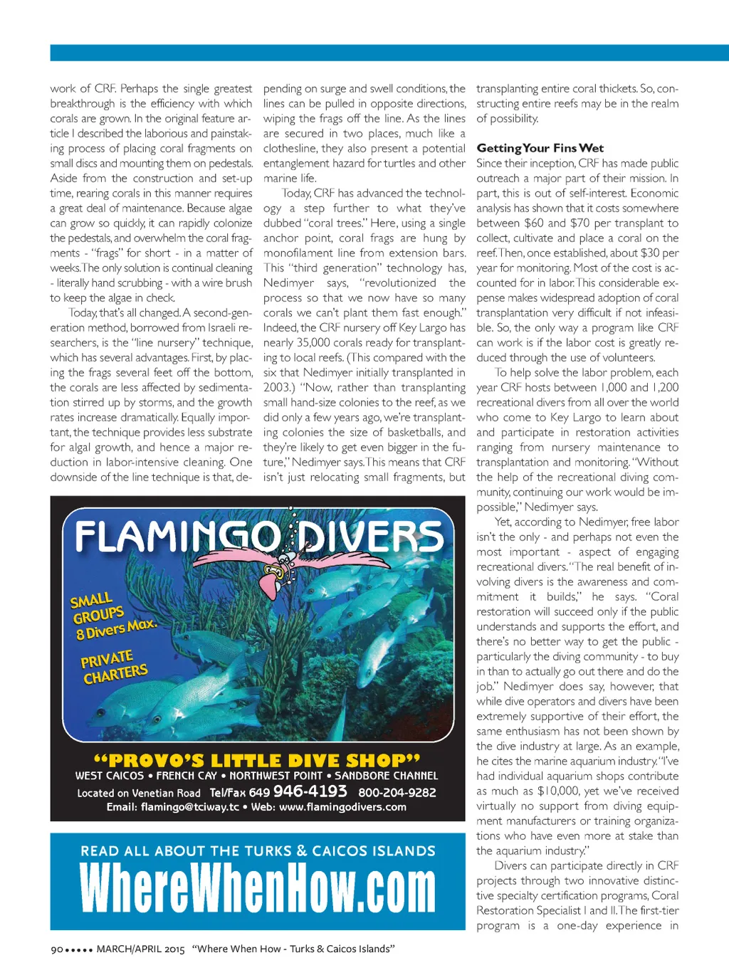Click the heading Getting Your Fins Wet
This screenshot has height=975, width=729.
(x=540, y=148)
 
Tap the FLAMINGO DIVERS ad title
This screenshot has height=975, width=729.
(x=259, y=537)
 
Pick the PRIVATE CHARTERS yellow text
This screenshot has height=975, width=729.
(x=114, y=667)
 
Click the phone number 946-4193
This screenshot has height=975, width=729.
(x=310, y=791)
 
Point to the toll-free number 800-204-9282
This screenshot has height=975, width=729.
(x=397, y=792)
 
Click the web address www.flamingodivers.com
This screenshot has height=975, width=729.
(x=342, y=807)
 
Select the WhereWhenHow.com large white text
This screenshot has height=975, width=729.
(x=258, y=888)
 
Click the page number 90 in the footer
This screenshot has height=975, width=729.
(x=57, y=949)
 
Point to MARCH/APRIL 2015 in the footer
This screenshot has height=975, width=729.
(x=140, y=949)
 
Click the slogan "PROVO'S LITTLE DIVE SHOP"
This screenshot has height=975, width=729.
(x=257, y=760)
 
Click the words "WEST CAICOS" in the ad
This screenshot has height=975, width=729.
(x=110, y=776)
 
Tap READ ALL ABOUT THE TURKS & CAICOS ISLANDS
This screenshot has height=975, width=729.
(x=258, y=851)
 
